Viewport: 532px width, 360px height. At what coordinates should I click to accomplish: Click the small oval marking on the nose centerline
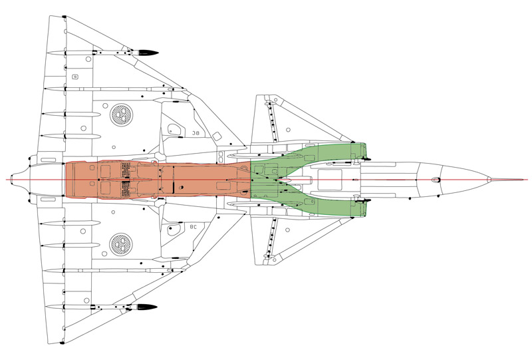click(436, 180)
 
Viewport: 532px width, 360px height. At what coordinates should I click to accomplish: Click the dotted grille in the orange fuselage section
click(124, 180)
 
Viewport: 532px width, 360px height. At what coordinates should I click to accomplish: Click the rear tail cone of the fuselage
click(27, 180)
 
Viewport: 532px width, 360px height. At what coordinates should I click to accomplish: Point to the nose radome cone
click(465, 180)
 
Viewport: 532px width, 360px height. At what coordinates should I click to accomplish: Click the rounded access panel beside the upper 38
click(175, 128)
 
